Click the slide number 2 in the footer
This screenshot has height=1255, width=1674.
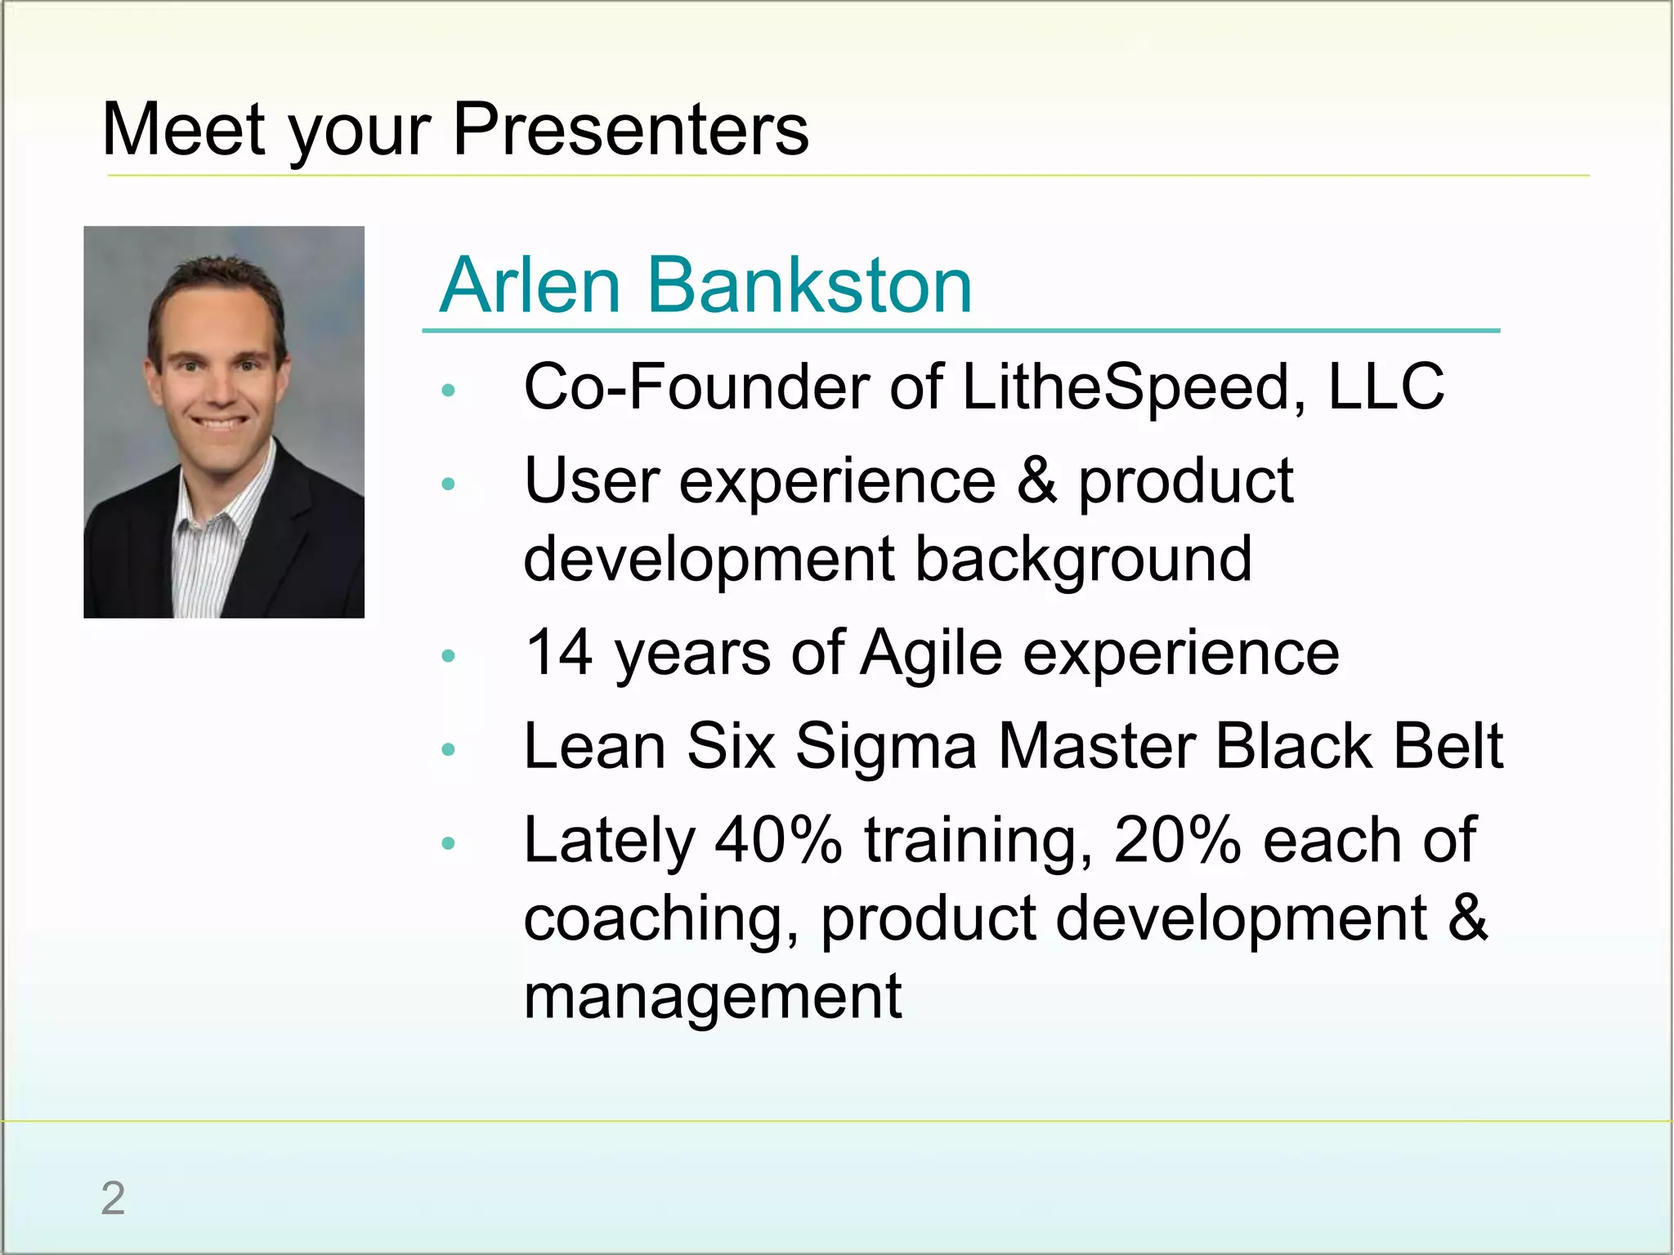pyautogui.click(x=113, y=1199)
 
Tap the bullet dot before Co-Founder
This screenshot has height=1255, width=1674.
pyautogui.click(x=447, y=391)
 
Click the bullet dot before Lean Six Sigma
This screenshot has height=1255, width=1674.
pyautogui.click(x=447, y=749)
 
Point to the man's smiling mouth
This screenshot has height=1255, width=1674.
pyautogui.click(x=219, y=424)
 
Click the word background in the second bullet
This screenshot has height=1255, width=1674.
pyautogui.click(x=1083, y=560)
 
